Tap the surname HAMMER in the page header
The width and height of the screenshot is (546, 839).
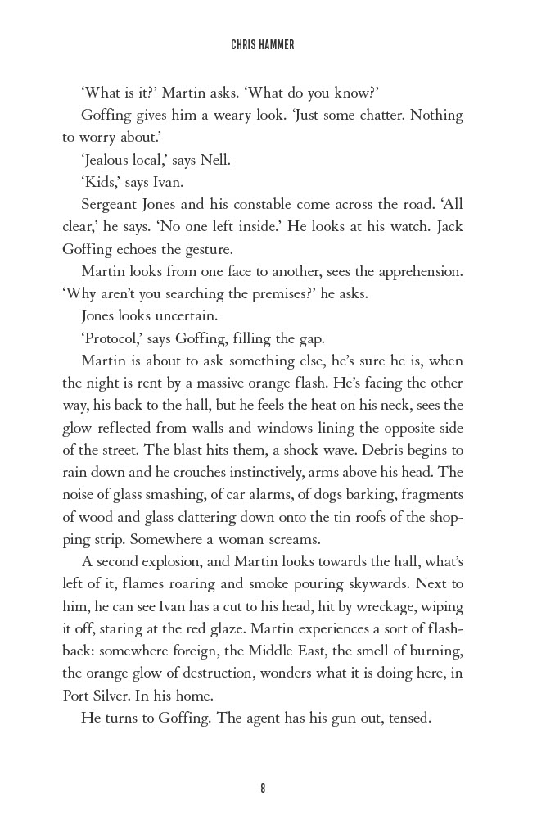click(278, 46)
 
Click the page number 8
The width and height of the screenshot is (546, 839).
click(263, 788)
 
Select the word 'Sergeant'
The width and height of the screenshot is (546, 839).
click(110, 204)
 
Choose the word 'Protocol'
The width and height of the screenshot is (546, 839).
click(111, 338)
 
